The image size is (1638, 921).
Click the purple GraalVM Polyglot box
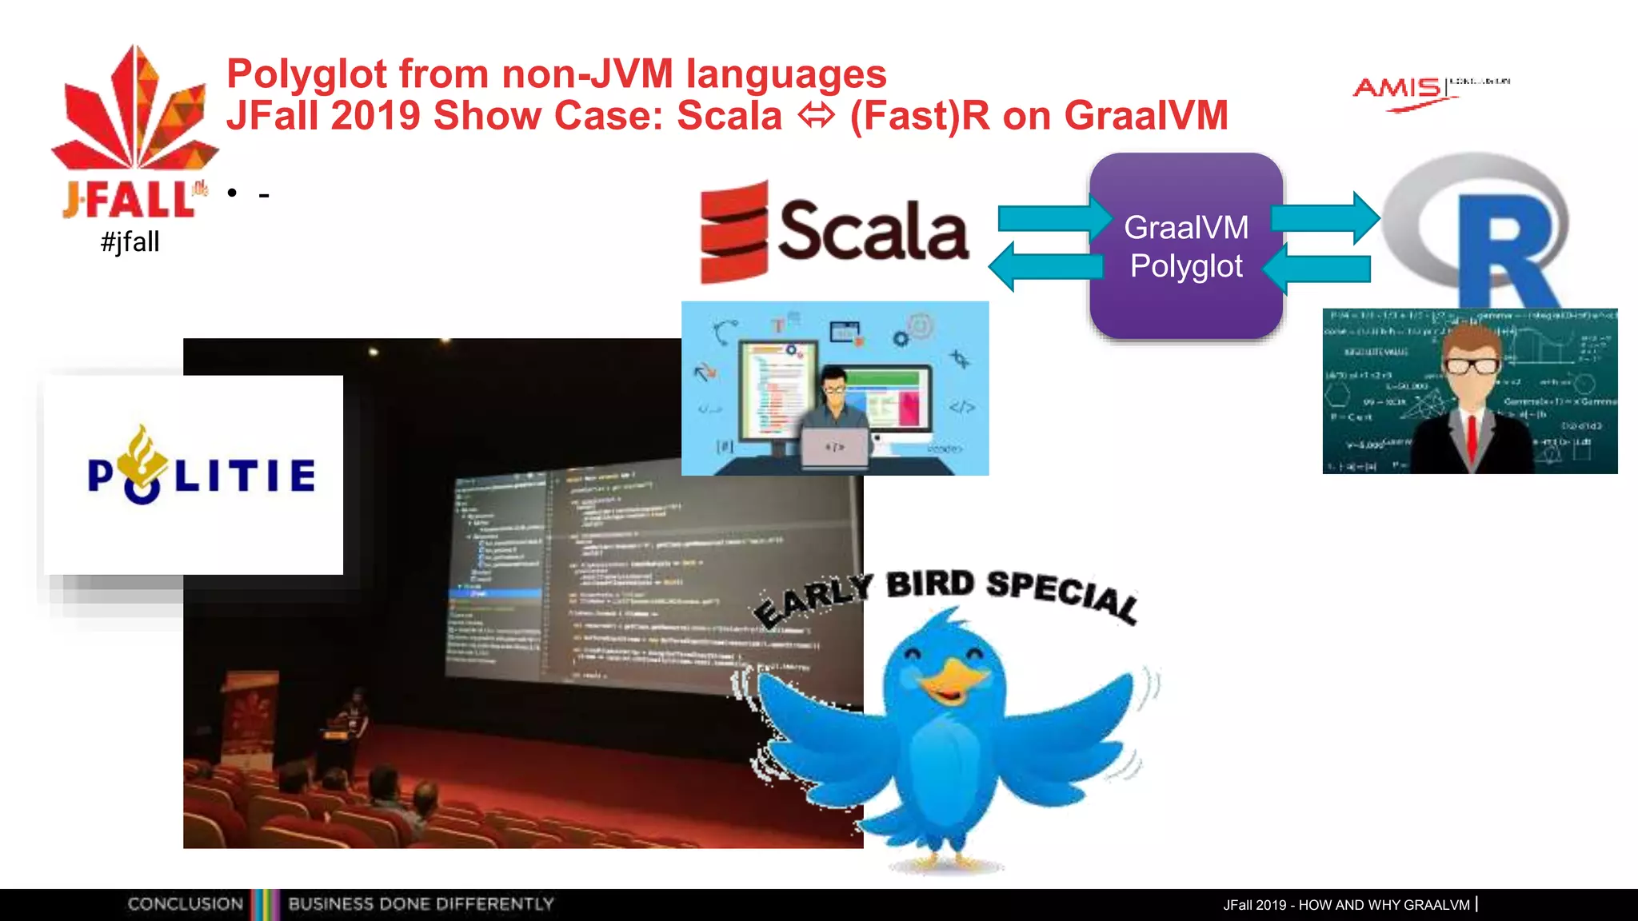pos(1186,246)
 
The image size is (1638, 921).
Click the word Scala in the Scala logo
pos(873,232)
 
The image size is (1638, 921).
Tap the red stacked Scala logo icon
pos(733,232)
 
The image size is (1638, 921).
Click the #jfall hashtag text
pos(130,241)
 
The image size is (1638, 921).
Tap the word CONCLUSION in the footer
pos(185,904)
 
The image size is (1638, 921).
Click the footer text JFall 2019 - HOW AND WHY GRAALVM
pos(1346,905)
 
